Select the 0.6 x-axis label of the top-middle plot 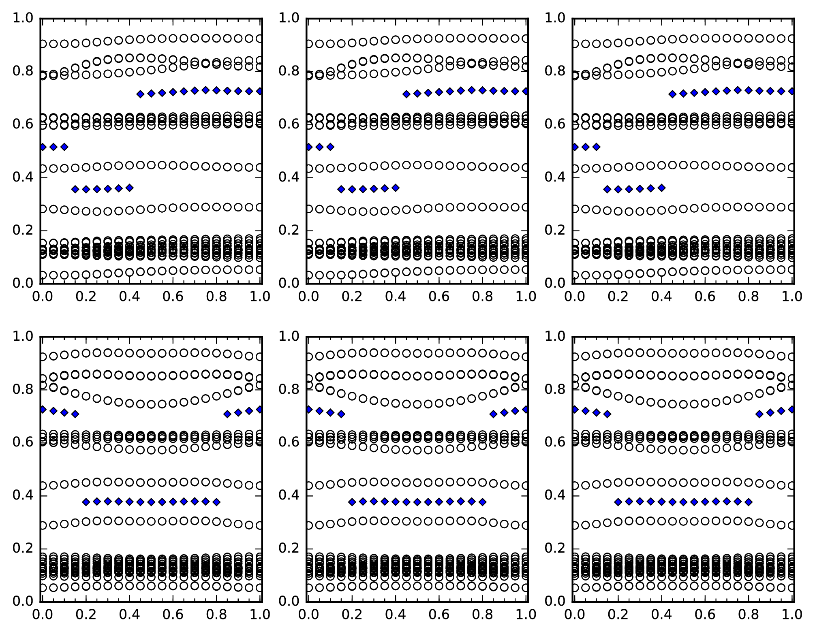click(439, 297)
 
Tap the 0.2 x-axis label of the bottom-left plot click(86, 614)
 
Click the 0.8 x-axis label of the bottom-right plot click(749, 614)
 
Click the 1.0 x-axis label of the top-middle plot click(526, 297)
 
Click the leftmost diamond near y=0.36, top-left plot click(75, 189)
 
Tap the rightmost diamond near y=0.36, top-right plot click(661, 188)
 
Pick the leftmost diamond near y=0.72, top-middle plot click(406, 94)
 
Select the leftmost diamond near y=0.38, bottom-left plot click(86, 502)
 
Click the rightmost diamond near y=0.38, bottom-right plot click(749, 502)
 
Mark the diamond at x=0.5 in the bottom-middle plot click(417, 502)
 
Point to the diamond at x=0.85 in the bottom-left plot click(227, 414)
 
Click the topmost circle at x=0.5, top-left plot click(151, 39)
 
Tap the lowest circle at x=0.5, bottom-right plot click(683, 587)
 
